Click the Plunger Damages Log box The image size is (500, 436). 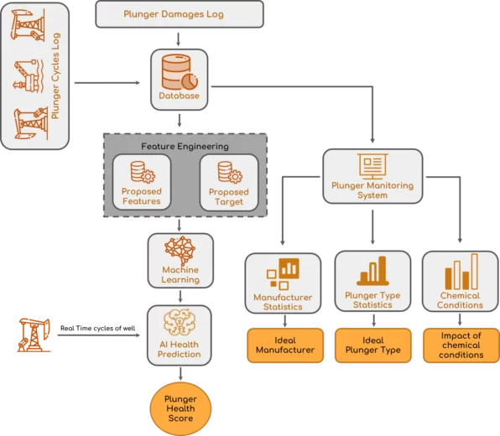point(180,14)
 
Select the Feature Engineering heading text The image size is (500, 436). point(185,146)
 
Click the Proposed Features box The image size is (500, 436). point(142,182)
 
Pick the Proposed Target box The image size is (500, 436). point(229,183)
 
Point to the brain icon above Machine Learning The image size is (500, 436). point(180,250)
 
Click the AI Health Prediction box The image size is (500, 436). point(180,335)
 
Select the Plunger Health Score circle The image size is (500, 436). point(180,408)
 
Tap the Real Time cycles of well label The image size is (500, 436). point(98,329)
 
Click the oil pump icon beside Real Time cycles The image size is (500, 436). point(34,335)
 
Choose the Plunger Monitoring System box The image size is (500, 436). point(372,176)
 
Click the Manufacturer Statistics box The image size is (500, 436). point(283,283)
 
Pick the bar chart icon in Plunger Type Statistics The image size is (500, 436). point(372,271)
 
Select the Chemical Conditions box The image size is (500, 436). point(460,281)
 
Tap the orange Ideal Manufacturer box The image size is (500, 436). point(285,345)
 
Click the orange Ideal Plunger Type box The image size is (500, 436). point(373,345)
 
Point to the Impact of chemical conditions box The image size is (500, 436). point(461,345)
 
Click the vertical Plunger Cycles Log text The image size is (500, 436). point(55,76)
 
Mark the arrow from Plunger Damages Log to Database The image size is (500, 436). point(178,39)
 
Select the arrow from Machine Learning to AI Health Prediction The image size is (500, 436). point(180,296)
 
